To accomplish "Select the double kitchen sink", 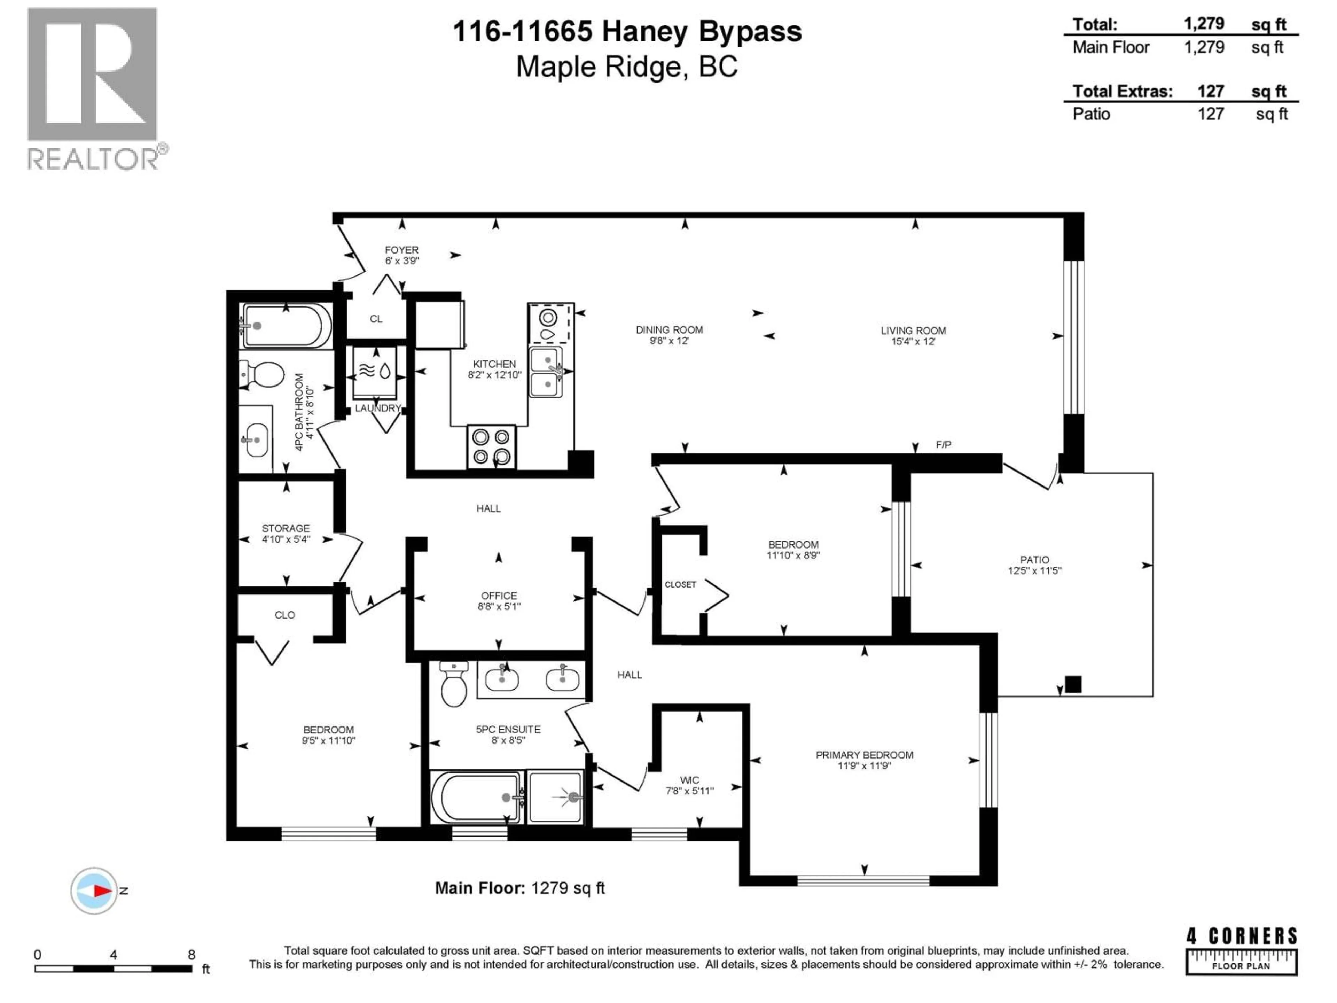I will point(546,372).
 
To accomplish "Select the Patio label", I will point(1034,560).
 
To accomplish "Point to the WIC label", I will point(689,780).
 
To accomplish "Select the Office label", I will point(499,596).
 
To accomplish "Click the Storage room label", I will point(285,528).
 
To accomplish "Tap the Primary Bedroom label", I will point(864,755).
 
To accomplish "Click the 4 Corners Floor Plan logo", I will point(1241,951).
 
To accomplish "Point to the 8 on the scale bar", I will point(191,955).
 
